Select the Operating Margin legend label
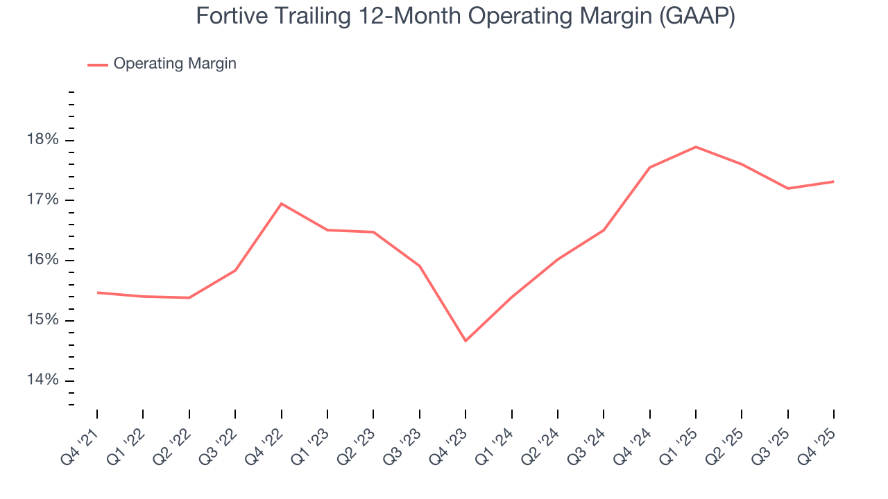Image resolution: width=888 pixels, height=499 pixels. tap(175, 64)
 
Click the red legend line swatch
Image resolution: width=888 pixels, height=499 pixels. tap(97, 64)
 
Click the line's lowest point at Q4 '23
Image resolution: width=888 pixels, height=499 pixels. tap(466, 341)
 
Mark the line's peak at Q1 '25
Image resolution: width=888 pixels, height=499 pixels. tap(696, 147)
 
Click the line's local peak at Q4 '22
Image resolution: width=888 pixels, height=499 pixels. tap(281, 204)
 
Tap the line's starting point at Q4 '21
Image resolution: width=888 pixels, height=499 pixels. tap(97, 292)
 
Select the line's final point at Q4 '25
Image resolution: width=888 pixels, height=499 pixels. tap(833, 182)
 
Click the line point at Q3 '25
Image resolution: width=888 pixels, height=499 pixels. tap(787, 189)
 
